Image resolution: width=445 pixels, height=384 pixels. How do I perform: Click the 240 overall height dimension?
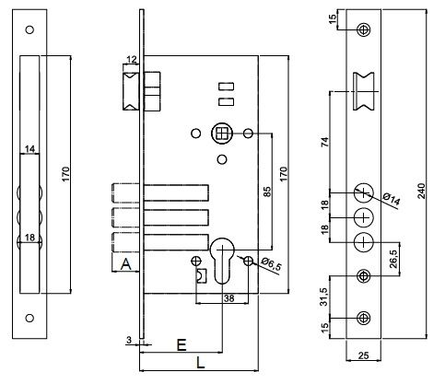pos(422,191)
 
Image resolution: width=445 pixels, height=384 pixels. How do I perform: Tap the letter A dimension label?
pos(125,264)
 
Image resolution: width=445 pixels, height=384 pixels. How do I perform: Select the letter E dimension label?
pos(182,345)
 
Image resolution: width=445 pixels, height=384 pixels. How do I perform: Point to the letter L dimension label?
pos(200,364)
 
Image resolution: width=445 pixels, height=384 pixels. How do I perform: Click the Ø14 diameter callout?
pos(392,199)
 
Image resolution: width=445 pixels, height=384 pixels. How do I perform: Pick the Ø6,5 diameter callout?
pos(271,264)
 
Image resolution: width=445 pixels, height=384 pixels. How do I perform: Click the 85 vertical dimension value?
pos(267,192)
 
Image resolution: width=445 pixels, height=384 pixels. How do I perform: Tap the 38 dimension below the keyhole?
pos(229,298)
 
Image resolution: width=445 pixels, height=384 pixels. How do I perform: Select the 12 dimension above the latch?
pos(131,60)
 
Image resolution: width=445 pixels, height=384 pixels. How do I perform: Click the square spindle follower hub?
pos(221,134)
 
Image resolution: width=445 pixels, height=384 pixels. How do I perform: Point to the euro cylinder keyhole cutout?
pos(222,261)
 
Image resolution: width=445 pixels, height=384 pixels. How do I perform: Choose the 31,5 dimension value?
pos(324,297)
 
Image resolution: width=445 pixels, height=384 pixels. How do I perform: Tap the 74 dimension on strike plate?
pos(324,142)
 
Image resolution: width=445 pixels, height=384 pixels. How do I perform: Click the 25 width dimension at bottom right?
pos(363,355)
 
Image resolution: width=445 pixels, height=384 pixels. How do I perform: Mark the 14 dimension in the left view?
pos(29,149)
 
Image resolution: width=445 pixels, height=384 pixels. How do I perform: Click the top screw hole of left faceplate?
pos(29,29)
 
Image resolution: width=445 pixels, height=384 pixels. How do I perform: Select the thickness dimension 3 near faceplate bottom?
pos(129,340)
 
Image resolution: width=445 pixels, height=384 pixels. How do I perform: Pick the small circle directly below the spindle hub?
pos(222,159)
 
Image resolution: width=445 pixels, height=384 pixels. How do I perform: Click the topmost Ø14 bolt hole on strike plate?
pos(363,192)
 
